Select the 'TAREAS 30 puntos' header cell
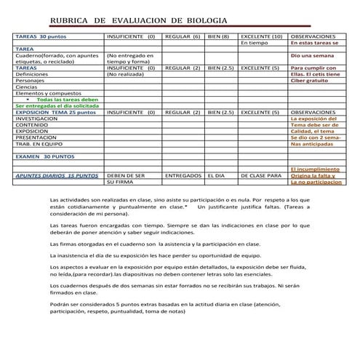tap(41, 36)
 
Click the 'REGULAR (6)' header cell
tap(183, 36)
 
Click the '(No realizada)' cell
tap(125, 74)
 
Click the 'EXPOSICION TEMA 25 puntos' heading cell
tap(55, 113)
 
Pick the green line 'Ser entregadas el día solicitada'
tap(55, 106)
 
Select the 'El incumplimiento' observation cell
tap(314, 169)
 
